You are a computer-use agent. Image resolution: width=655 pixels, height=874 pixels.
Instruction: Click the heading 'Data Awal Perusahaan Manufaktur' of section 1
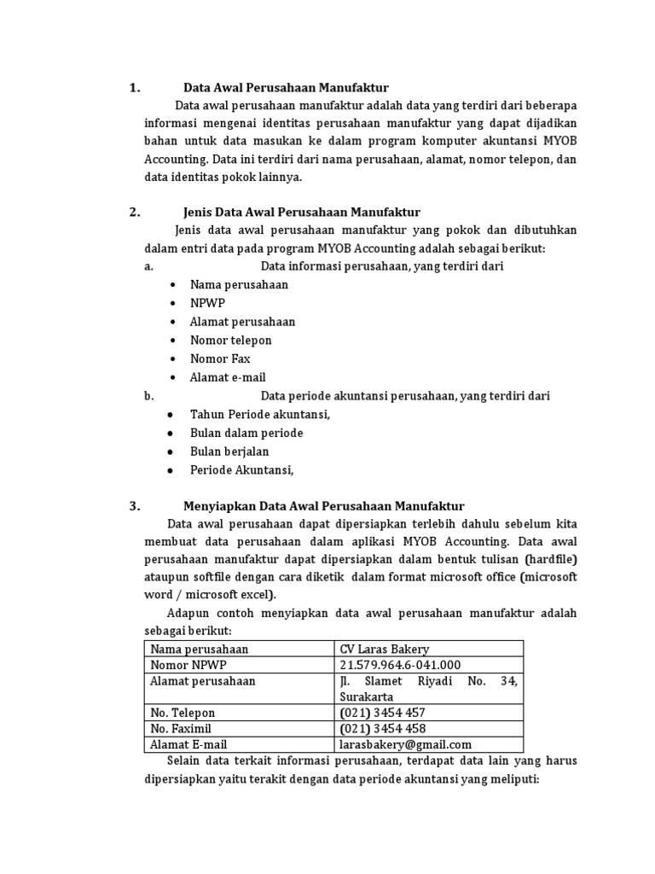pos(286,87)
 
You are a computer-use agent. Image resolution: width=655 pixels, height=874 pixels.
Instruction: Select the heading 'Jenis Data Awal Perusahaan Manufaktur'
pos(302,213)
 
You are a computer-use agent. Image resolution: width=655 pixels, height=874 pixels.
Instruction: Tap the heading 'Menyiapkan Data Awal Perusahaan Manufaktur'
pos(323,506)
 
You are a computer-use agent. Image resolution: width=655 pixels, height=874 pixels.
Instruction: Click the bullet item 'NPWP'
pos(207,303)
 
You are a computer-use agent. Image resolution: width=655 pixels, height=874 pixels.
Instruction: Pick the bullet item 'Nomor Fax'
pos(220,358)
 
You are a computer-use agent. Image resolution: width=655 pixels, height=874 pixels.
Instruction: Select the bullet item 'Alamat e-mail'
pos(228,377)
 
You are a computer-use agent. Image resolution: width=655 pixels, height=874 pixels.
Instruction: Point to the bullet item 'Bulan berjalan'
pos(229,452)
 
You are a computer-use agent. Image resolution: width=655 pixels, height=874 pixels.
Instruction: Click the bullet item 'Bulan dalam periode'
pos(246,433)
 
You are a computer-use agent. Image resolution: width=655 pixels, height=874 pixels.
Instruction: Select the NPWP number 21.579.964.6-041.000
pos(400,665)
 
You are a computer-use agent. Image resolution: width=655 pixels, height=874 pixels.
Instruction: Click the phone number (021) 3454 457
pos(382,713)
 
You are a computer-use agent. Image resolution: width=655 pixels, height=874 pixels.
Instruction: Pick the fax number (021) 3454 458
pos(382,729)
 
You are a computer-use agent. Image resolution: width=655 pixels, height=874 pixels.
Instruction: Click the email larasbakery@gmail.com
pos(405,745)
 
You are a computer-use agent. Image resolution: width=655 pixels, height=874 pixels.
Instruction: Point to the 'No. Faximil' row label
pos(183,729)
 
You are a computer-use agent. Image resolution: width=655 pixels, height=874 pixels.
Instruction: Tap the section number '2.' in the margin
pos(135,213)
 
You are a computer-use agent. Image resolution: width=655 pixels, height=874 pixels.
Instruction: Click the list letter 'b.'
pos(149,396)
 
